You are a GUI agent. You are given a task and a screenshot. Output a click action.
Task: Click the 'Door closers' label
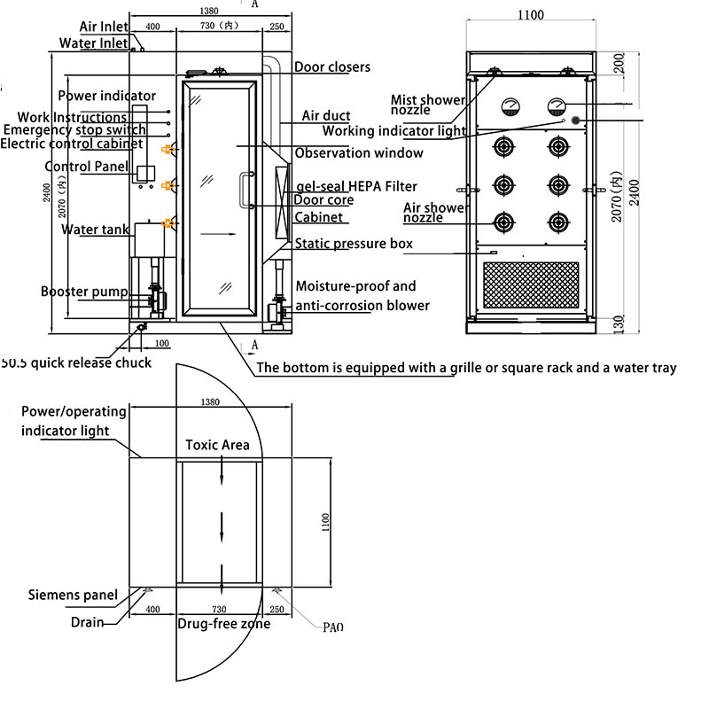pos(332,67)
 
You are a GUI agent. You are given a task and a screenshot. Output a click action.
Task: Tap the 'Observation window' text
pos(359,152)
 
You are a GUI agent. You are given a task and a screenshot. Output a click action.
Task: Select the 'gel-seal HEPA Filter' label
pos(357,186)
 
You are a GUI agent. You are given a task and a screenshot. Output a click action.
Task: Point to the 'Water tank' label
pos(95,230)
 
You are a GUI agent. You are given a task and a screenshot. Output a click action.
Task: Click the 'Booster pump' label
pos(84,292)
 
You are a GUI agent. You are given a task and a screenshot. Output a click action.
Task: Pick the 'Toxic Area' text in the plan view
pos(217,445)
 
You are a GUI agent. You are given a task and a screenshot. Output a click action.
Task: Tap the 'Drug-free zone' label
pos(224,624)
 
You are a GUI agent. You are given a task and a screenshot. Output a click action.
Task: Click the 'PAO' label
pos(333,627)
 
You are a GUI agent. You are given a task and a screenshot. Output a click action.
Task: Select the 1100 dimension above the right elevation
pos(530,15)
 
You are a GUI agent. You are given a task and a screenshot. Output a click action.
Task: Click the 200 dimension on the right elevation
pos(619,63)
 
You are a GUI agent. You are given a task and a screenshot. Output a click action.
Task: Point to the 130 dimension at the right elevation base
pos(619,324)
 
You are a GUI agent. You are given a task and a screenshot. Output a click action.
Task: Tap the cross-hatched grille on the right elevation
pos(531,285)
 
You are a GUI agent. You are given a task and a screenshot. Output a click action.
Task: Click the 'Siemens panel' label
pos(73,595)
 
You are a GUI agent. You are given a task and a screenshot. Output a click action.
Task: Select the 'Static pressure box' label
pos(354,243)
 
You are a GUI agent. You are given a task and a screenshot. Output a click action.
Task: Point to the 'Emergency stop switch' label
pos(74,129)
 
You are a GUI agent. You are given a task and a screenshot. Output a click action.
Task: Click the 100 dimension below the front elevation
pos(162,343)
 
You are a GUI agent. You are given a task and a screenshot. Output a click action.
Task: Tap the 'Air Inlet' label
pos(104,27)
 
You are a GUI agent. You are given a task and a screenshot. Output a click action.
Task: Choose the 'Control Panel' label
pos(86,167)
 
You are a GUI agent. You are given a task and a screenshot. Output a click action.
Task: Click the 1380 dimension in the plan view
pos(210,402)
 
